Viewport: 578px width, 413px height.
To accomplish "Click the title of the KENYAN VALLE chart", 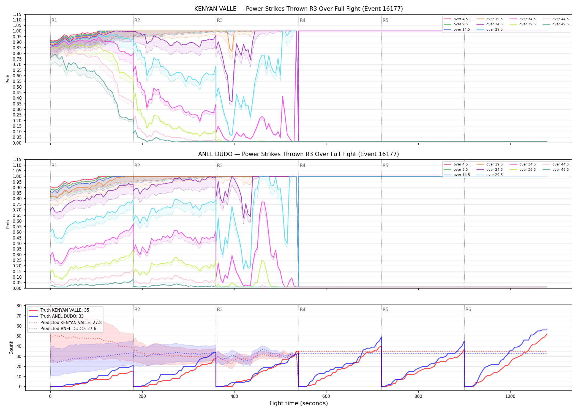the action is (298, 9).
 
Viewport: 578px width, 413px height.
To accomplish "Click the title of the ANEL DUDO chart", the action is (298, 154).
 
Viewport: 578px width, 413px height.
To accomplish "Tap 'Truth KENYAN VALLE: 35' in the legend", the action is (59, 310).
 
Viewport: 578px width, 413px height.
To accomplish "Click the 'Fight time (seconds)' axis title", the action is (299, 403).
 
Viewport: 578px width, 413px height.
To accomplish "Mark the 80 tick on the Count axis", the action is (19, 306).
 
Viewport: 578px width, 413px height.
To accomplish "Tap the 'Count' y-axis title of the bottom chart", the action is (11, 348).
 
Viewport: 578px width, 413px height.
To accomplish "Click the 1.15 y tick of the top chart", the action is (17, 14).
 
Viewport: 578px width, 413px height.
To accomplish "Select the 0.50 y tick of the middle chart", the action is (17, 232).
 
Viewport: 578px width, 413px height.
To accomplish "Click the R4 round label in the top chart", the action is (302, 20).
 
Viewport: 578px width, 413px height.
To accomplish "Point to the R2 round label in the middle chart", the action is (137, 165).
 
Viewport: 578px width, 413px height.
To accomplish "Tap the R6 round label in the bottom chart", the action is (468, 309).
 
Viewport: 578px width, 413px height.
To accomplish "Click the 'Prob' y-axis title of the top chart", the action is (8, 79).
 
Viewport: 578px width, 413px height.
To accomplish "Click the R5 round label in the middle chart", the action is (385, 165).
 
